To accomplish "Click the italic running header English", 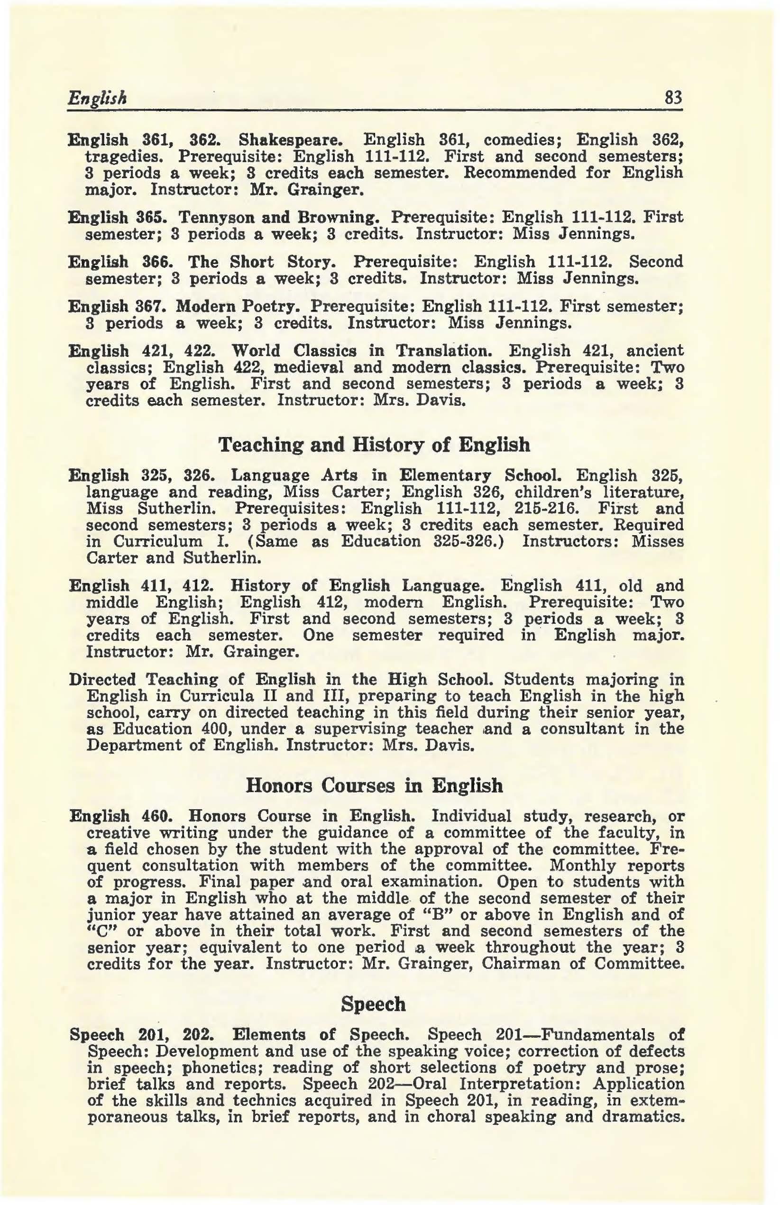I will tap(97, 96).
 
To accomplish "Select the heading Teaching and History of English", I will tap(374, 445).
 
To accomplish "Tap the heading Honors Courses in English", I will tap(374, 785).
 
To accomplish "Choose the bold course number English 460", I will tap(121, 816).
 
